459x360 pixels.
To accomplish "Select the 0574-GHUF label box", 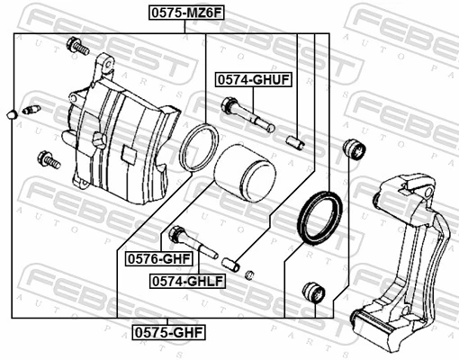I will coord(253,80).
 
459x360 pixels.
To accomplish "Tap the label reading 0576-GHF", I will coord(164,258).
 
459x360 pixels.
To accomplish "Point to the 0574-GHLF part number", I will coord(187,281).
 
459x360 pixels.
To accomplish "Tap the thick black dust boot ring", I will coord(320,218).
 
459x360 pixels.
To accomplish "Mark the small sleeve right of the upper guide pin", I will coord(296,140).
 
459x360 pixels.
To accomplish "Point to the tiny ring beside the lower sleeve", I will coord(250,274).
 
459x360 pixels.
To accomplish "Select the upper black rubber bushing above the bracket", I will coord(355,149).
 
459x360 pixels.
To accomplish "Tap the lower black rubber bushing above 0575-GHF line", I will coord(313,292).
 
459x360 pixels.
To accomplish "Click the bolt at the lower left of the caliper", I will coord(48,161).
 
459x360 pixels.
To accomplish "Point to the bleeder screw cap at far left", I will coord(10,114).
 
